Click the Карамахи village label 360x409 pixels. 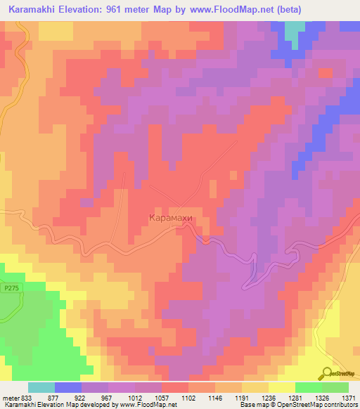(x=170, y=219)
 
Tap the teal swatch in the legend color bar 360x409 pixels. (x=41, y=387)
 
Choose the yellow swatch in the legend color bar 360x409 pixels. (x=281, y=387)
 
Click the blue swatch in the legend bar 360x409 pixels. (x=68, y=387)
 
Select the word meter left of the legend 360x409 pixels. (x=11, y=398)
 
